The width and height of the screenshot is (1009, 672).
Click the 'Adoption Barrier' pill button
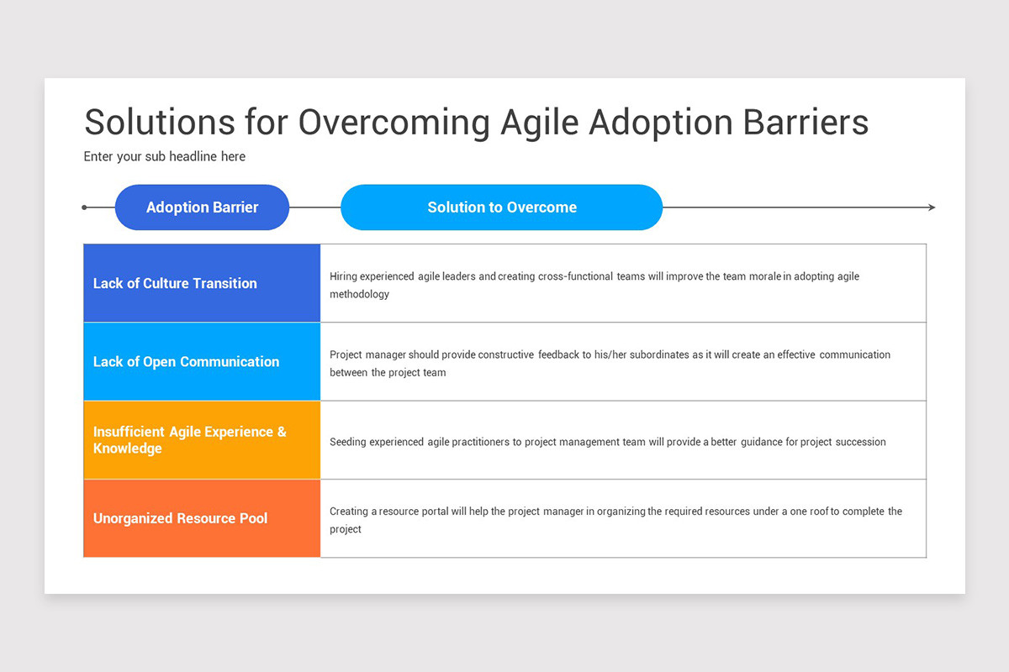click(x=202, y=207)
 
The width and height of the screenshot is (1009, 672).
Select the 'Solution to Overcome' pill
click(x=502, y=207)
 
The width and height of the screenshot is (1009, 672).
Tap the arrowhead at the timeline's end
click(x=932, y=207)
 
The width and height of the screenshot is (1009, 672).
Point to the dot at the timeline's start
click(x=84, y=207)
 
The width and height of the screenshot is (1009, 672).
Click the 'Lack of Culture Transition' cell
click(x=202, y=283)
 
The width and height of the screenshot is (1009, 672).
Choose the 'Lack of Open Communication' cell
click(x=202, y=361)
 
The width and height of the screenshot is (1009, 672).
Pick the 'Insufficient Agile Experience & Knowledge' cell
click(x=202, y=439)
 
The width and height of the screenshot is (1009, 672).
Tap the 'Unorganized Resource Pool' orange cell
click(x=202, y=518)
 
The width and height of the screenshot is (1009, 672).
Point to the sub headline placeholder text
click(x=165, y=156)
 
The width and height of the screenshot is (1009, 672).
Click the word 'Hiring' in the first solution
click(x=343, y=276)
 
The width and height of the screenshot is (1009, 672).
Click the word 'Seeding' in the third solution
click(x=348, y=442)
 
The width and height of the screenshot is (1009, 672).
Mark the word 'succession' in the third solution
click(x=860, y=442)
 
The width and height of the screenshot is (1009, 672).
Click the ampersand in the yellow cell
click(x=282, y=432)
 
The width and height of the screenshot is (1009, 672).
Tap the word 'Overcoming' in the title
click(x=394, y=123)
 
